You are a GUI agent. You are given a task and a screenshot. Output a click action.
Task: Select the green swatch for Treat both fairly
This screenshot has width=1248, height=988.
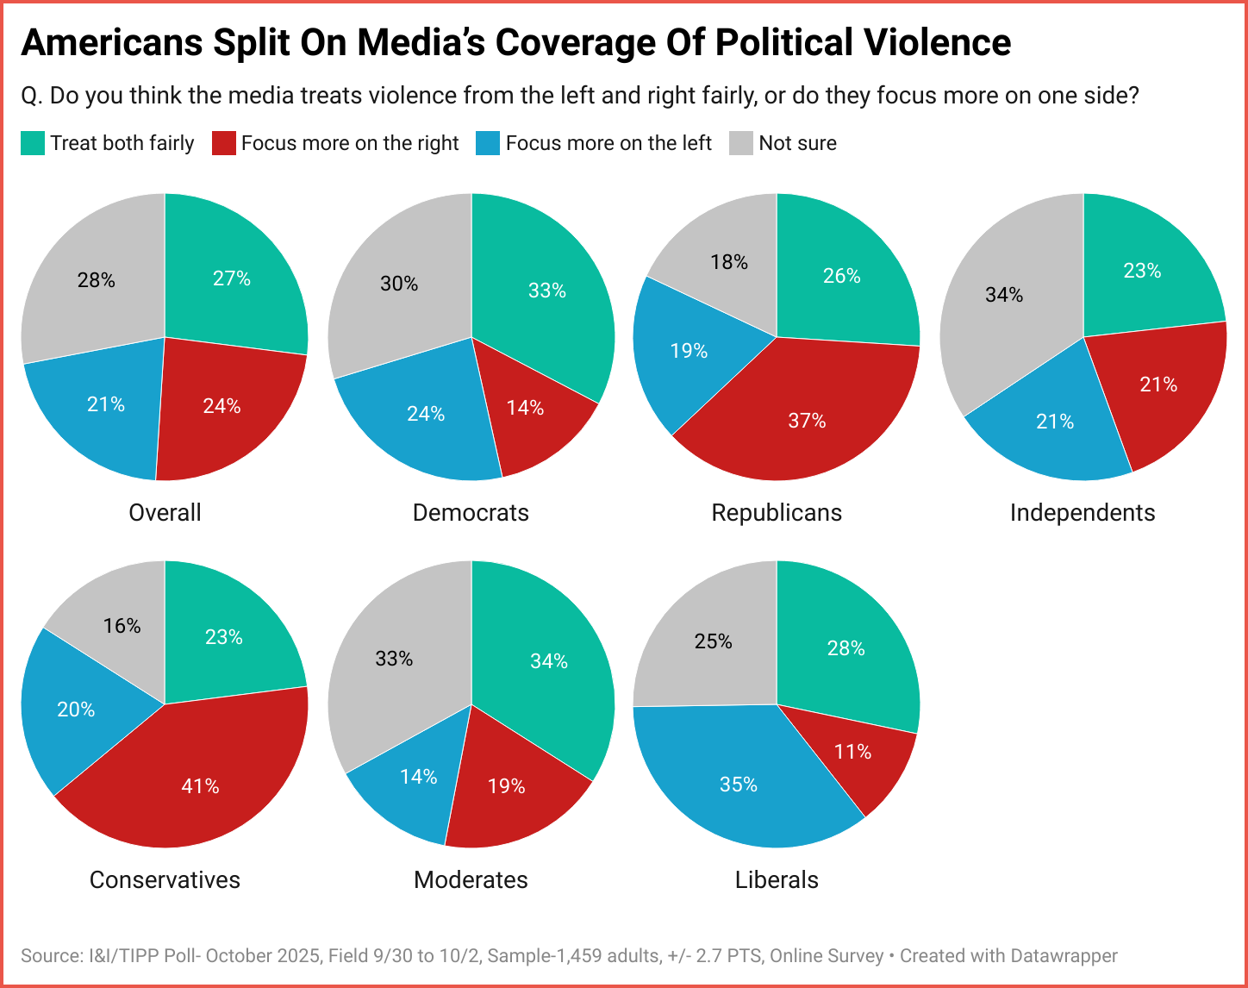click(x=33, y=143)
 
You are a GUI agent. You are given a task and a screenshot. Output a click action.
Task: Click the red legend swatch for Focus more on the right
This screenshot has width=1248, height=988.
click(x=224, y=143)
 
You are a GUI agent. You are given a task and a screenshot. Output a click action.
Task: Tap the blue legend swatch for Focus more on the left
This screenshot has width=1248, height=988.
click(x=488, y=143)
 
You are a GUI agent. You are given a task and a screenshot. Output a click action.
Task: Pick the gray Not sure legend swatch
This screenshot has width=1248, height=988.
click(x=741, y=143)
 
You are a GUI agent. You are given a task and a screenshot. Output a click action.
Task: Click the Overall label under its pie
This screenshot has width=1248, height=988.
click(x=165, y=512)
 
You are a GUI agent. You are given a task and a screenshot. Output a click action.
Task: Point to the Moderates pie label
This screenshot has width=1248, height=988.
click(x=471, y=879)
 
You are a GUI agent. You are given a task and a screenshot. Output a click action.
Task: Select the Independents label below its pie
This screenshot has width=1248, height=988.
click(x=1083, y=512)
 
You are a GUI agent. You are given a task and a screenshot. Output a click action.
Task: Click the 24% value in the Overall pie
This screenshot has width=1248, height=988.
click(x=222, y=406)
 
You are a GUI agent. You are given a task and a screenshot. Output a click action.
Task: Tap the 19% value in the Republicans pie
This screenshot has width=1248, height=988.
click(x=689, y=351)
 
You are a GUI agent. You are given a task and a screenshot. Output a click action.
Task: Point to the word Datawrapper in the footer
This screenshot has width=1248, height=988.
click(x=1064, y=955)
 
